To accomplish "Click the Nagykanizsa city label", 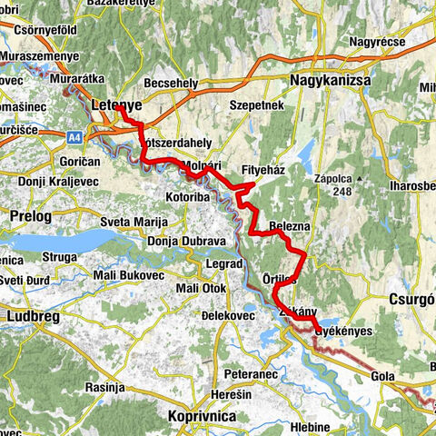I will [332, 81].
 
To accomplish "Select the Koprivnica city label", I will [203, 415].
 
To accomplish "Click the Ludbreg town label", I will [35, 317].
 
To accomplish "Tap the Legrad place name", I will [220, 263].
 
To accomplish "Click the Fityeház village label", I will [266, 170].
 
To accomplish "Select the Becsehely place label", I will [171, 83].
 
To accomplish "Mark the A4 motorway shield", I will [77, 137].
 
